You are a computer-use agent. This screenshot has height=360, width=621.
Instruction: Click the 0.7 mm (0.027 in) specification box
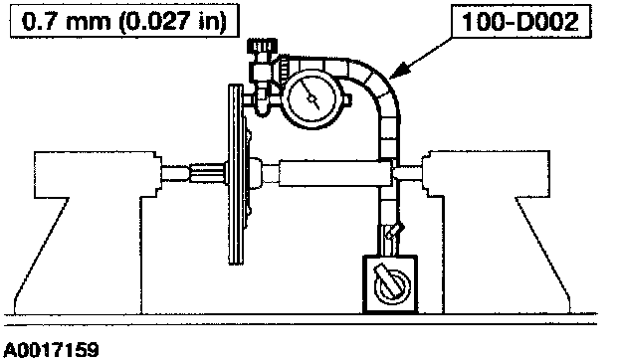pyautogui.click(x=124, y=21)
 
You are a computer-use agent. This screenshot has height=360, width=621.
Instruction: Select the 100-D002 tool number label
pyautogui.click(x=520, y=21)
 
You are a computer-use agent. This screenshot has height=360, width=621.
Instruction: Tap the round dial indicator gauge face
pyautogui.click(x=312, y=97)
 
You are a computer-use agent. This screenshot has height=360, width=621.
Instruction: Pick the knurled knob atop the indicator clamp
pyautogui.click(x=262, y=47)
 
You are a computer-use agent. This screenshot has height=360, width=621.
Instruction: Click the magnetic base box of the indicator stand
pyautogui.click(x=390, y=284)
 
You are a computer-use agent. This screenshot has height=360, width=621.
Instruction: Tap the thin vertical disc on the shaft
pyautogui.click(x=236, y=174)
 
